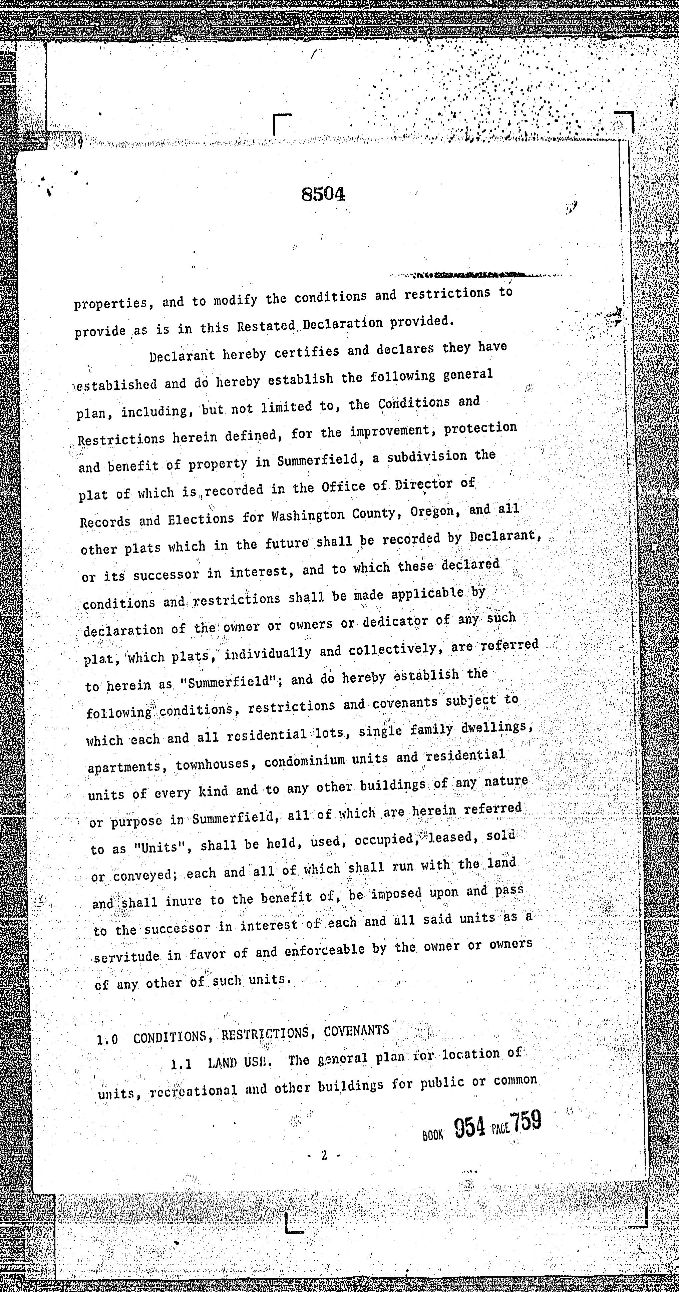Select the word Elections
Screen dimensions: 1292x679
(201, 518)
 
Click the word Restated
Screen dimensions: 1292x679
(266, 326)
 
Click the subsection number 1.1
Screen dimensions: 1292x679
(181, 1063)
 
